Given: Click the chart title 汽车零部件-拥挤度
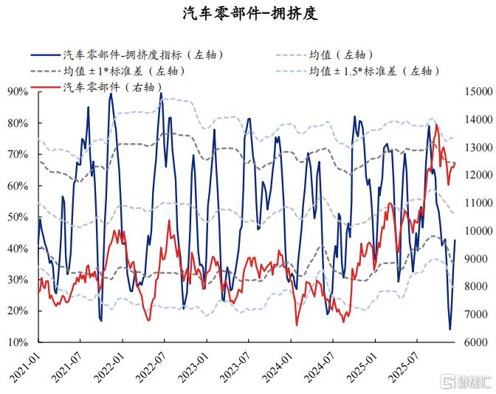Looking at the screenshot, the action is tap(250, 14).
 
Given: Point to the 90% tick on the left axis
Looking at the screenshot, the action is tap(18, 91).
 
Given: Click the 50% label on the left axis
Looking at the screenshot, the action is tap(18, 217).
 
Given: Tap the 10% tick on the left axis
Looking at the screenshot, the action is tap(18, 342).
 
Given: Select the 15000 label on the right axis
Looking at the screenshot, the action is tap(478, 91).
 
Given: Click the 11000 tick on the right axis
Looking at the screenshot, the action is tap(478, 203).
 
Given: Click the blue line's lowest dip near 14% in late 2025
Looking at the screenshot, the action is tap(450, 330).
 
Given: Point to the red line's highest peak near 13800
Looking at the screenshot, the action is tap(436, 125).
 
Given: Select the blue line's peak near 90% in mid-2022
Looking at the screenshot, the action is tap(161, 93).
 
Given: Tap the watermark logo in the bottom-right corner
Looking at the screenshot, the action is tap(467, 382).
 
